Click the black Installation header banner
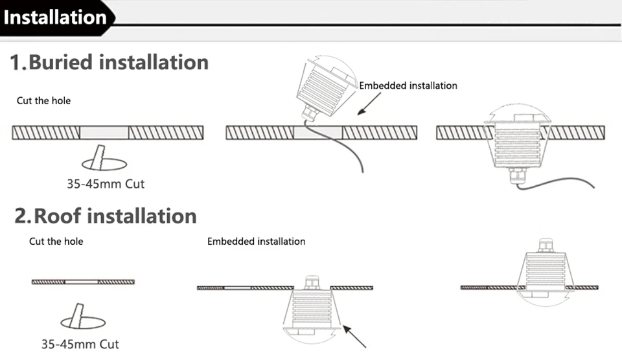pos(56,16)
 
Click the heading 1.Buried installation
pos(109,62)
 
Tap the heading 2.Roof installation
pos(106,216)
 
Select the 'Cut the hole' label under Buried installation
pos(43,101)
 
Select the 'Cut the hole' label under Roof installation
pos(56,242)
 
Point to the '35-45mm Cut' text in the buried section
pos(106,184)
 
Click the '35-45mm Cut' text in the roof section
pos(80,344)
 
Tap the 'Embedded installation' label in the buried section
pos(408,85)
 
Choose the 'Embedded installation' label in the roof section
pos(256,242)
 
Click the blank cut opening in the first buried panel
pos(104,133)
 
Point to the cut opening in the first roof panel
pos(82,282)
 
